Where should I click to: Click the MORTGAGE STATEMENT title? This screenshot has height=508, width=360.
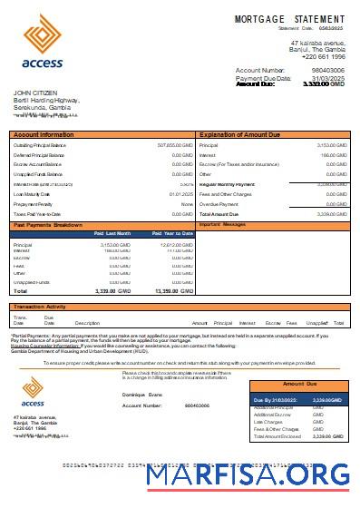pos(289,19)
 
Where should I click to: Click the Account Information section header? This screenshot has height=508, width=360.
pos(44,134)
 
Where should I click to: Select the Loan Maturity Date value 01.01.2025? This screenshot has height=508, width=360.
pos(180,193)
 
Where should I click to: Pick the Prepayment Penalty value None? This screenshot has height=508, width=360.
pos(187,203)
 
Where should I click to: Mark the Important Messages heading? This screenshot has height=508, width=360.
pos(222,223)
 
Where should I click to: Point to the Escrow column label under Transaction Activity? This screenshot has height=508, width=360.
pos(272,323)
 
